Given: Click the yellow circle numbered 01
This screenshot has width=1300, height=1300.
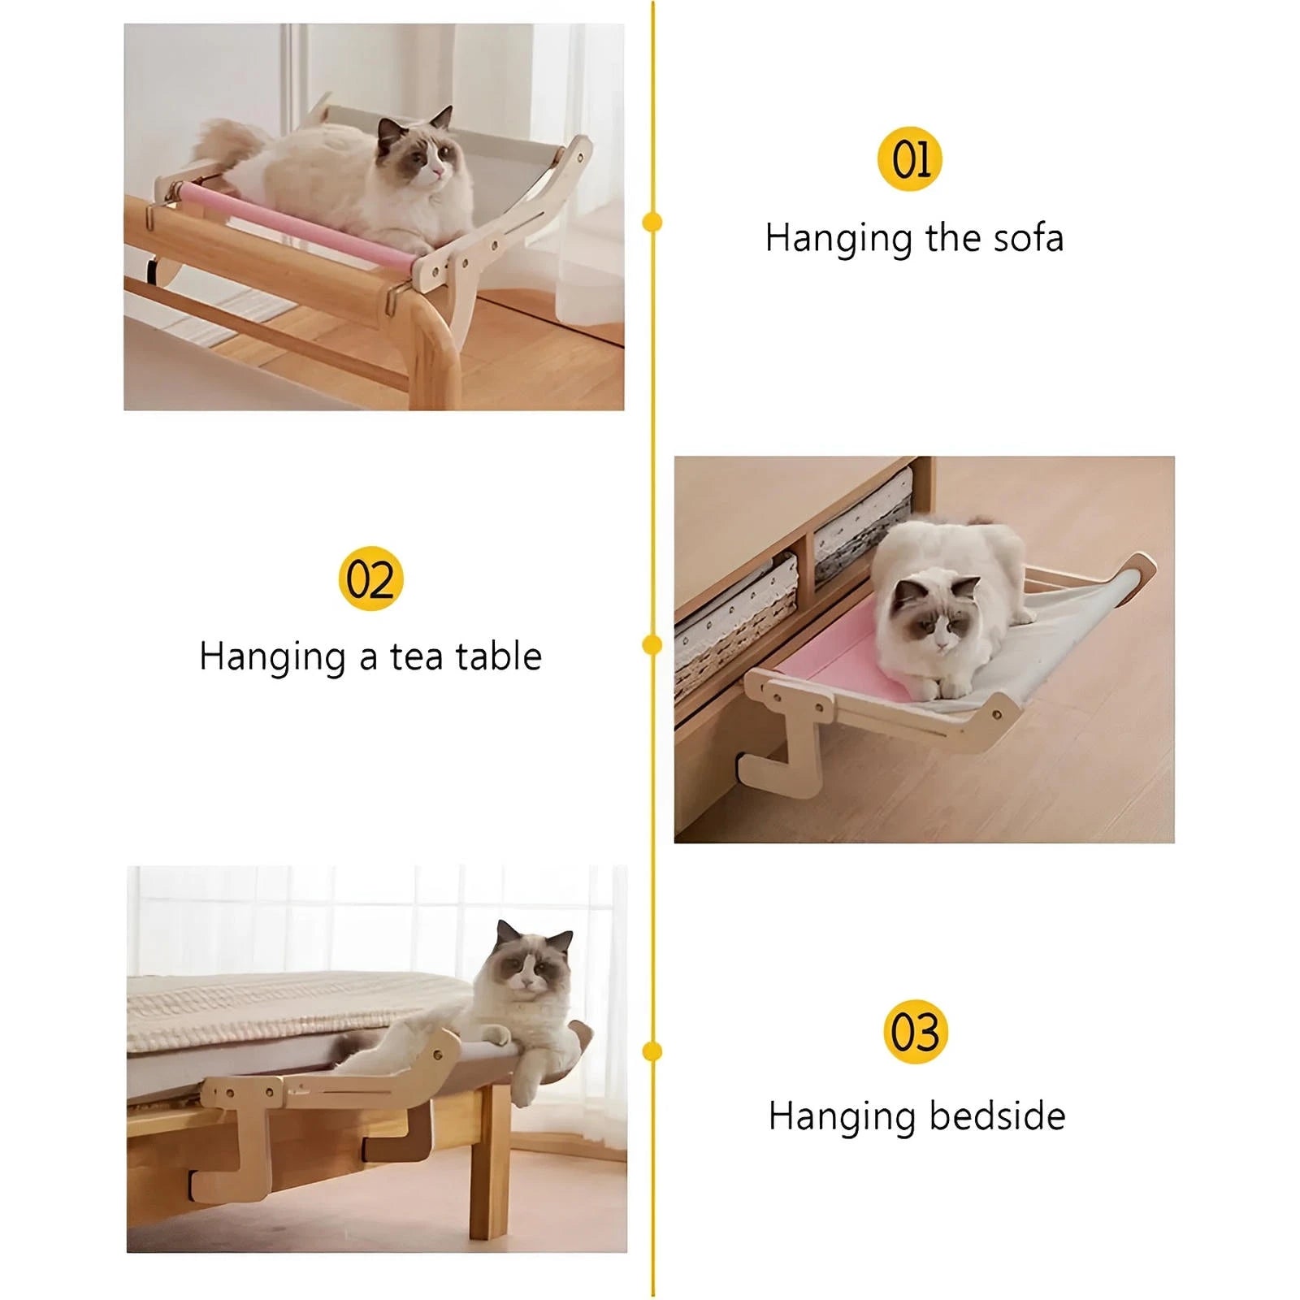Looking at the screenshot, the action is [x=910, y=159].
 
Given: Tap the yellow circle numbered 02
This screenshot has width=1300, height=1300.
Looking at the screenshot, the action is [x=370, y=578].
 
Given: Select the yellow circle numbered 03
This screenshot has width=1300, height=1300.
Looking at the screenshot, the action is [x=916, y=1032].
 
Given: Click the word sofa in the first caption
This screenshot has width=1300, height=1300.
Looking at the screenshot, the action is [x=1028, y=238].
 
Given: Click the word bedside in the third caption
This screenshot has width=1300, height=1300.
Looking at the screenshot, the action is [x=997, y=1116].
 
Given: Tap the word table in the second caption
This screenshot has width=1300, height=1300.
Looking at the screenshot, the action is [x=498, y=656].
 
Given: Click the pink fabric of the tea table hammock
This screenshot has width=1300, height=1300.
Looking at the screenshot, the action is [x=837, y=655].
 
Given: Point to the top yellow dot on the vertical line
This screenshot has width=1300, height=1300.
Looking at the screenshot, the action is [x=652, y=222].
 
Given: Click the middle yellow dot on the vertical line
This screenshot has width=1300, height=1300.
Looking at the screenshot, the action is [x=652, y=645].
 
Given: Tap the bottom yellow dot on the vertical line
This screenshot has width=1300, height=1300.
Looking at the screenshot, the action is [x=652, y=1052].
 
